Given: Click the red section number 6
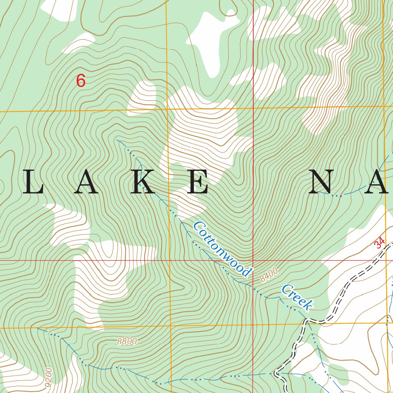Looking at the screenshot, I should tap(81, 81).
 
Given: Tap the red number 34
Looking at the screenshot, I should tap(379, 243).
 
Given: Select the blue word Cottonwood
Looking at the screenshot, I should tap(222, 249).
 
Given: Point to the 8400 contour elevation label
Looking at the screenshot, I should tap(268, 275).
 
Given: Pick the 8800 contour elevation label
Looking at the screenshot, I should tap(127, 342).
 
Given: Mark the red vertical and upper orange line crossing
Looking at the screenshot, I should tap(253, 108).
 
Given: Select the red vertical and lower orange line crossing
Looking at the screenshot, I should tap(253, 325).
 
